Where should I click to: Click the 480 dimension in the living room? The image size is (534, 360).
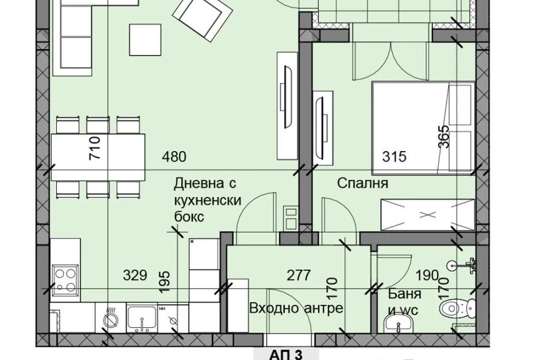click(175, 157)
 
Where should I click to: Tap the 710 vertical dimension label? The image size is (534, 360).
click(95, 148)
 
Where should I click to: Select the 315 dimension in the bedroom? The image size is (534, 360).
click(394, 157)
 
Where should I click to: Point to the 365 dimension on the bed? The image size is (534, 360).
click(443, 137)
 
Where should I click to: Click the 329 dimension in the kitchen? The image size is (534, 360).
click(135, 275)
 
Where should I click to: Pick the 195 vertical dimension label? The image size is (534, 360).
click(164, 282)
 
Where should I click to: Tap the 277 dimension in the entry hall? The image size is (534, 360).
click(299, 275)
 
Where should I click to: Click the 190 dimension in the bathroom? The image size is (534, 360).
click(427, 275)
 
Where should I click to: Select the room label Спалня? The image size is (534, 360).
click(363, 183)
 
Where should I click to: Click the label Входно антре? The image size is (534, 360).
click(296, 308)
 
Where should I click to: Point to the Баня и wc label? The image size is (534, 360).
click(405, 302)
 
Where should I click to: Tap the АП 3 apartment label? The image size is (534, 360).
click(286, 355)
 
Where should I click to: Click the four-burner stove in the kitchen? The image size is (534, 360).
click(65, 280)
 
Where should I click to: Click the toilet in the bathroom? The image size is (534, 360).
click(457, 308)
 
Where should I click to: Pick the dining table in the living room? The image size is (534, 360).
click(98, 157)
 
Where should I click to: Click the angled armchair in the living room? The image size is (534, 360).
click(202, 19)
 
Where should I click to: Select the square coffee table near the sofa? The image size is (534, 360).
click(145, 40)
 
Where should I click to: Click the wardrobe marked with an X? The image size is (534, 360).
click(427, 215)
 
